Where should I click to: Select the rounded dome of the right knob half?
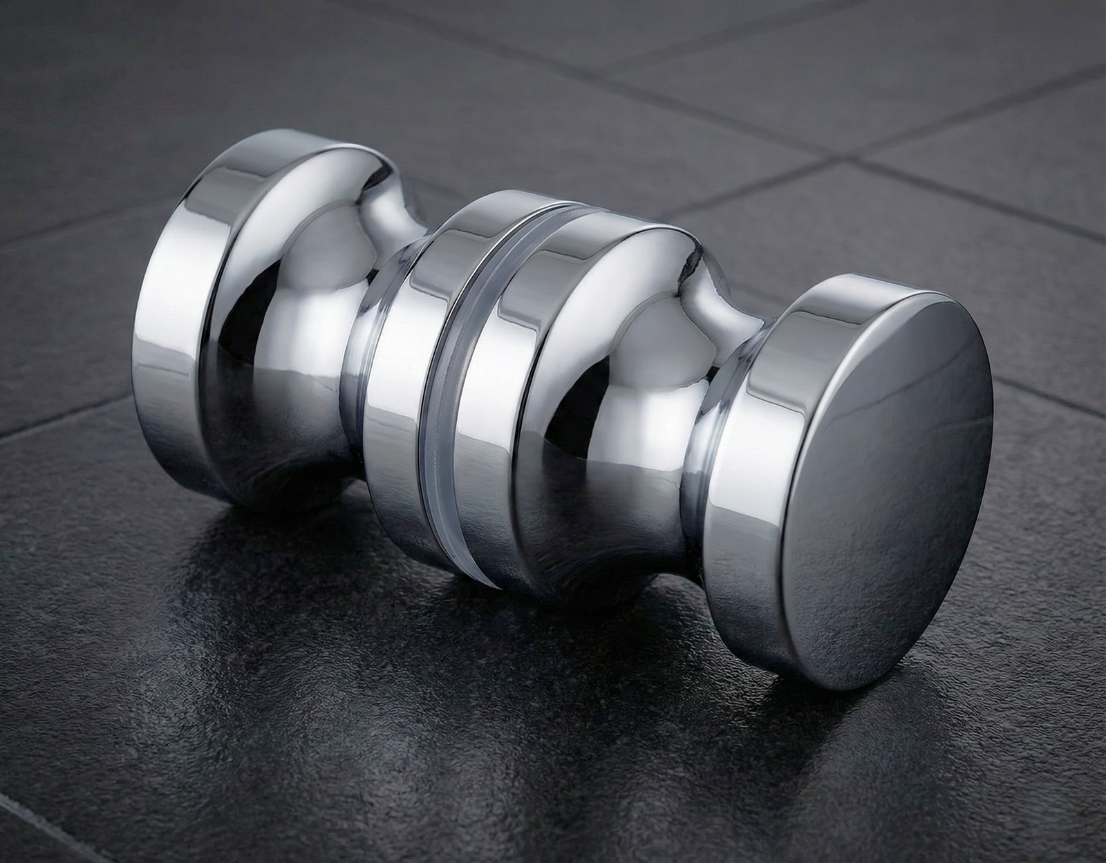622,359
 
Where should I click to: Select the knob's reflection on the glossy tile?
415,622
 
